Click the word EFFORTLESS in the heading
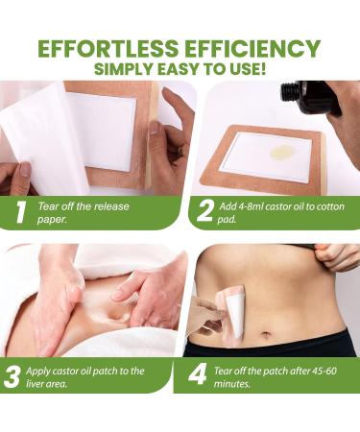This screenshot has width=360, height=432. (x=108, y=49)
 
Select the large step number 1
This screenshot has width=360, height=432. (x=20, y=211)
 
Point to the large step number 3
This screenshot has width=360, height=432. (x=12, y=376)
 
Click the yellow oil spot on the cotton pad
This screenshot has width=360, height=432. (x=282, y=152)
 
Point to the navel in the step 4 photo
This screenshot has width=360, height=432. (x=266, y=335)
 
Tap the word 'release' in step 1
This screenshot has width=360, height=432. (x=111, y=206)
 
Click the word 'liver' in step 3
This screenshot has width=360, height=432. (x=35, y=383)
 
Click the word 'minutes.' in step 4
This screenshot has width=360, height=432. (x=231, y=383)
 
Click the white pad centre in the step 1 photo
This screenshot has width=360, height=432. (x=102, y=131)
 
